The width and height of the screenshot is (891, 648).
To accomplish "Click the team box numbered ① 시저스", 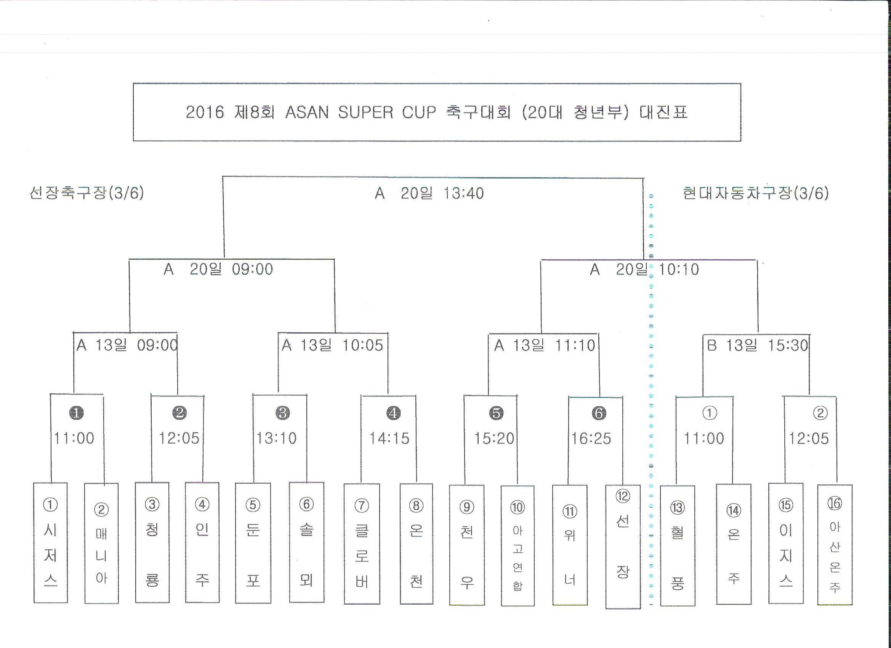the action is click(x=50, y=542).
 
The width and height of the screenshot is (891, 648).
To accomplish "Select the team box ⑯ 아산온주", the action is click(x=835, y=545).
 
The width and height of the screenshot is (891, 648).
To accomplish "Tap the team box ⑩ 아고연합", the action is click(x=518, y=546).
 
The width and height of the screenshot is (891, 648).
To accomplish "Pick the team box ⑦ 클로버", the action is click(x=362, y=544).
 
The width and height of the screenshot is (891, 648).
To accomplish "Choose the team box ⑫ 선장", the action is click(x=623, y=547).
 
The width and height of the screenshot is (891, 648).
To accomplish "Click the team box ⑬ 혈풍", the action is click(x=678, y=546).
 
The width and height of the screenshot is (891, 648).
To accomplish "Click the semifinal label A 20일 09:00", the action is click(x=218, y=269).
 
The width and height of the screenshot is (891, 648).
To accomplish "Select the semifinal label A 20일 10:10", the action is click(x=645, y=269).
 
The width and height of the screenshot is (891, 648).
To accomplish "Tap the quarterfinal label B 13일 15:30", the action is click(x=757, y=345).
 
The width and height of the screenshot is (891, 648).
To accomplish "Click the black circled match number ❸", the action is click(x=283, y=412).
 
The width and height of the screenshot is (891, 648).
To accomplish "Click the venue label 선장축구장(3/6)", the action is click(x=87, y=193).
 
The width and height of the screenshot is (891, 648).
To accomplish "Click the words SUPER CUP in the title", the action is click(x=387, y=112).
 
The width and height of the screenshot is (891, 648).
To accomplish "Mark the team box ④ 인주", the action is click(x=202, y=542).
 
